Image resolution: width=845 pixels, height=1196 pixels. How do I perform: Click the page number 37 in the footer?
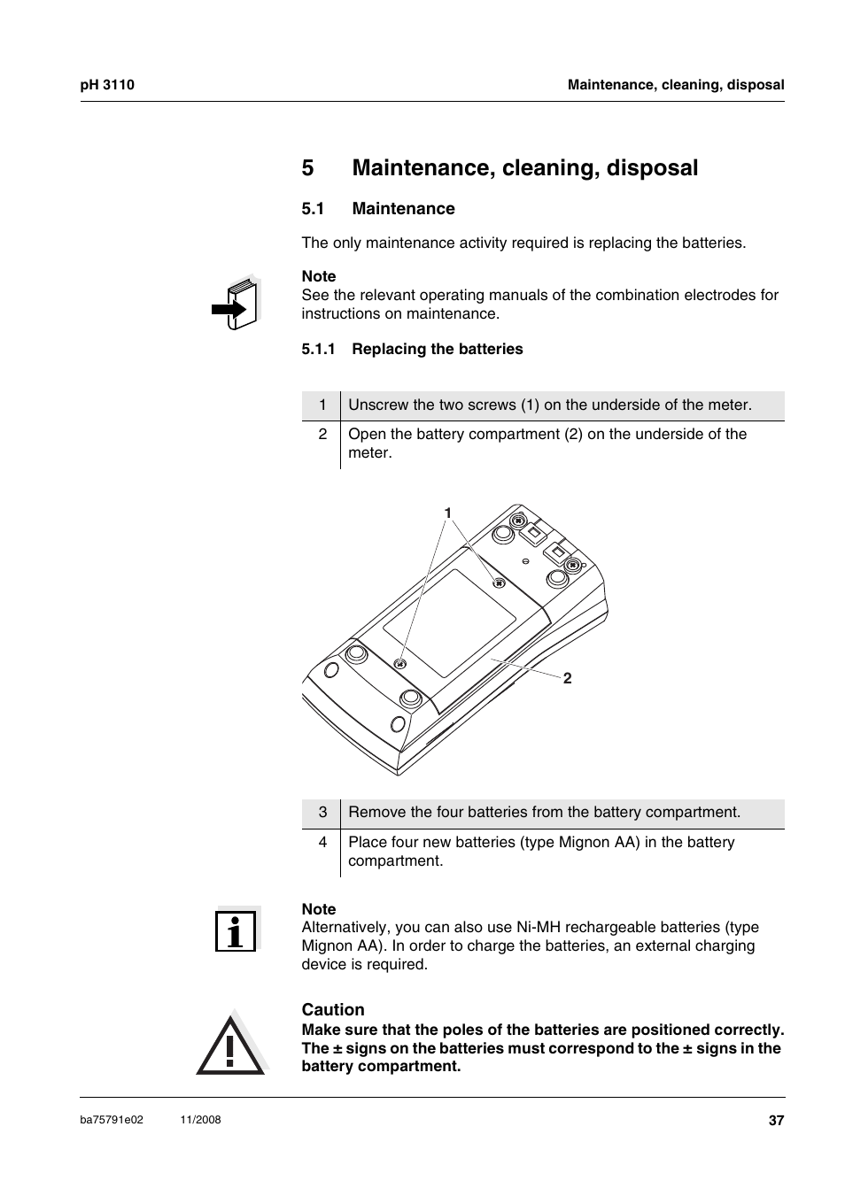point(776,1121)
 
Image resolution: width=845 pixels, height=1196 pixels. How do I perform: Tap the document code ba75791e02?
point(111,1120)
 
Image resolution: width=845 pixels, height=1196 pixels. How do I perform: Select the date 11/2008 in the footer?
point(200,1120)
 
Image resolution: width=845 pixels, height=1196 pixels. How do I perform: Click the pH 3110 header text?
point(106,85)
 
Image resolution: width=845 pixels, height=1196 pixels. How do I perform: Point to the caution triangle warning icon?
point(230,1046)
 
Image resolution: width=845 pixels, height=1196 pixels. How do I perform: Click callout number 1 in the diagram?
point(448,513)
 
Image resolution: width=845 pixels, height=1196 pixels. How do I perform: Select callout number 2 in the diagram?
point(567,678)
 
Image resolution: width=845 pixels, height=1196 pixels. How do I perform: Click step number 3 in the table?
point(322,813)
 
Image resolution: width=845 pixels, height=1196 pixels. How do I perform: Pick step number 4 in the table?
point(322,842)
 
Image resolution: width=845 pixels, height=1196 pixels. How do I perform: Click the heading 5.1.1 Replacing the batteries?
point(412,349)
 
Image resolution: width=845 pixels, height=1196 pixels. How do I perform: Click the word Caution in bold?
point(333,1010)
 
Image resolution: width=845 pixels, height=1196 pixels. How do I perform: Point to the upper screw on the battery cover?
point(498,583)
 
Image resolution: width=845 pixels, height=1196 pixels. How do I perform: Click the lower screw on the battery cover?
point(400,664)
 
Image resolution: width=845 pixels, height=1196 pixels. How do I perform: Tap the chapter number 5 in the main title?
point(307,168)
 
